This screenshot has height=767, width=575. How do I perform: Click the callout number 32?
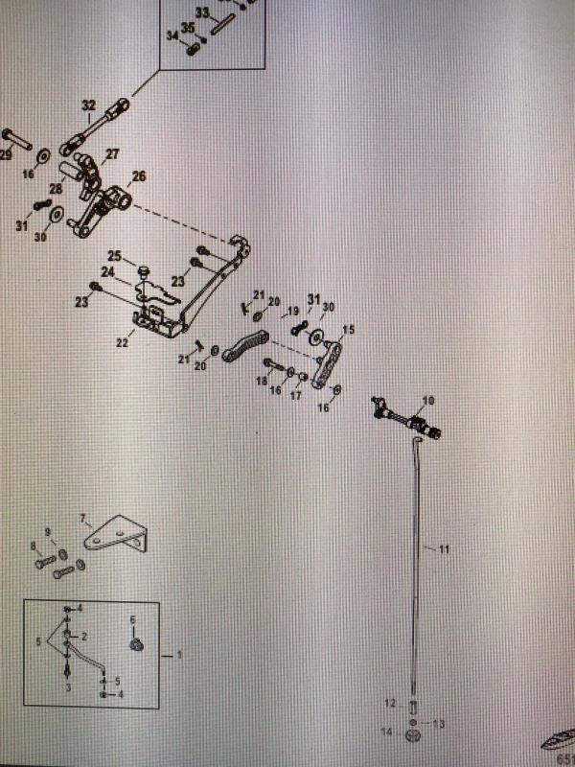pyautogui.click(x=88, y=105)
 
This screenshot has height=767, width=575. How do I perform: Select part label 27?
pyautogui.click(x=112, y=154)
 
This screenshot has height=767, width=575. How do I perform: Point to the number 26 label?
pyautogui.click(x=139, y=176)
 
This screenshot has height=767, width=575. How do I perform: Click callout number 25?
pyautogui.click(x=114, y=256)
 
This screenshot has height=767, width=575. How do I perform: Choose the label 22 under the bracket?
pyautogui.click(x=122, y=341)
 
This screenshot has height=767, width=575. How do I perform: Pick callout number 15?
pyautogui.click(x=348, y=329)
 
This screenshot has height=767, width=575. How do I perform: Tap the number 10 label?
pyautogui.click(x=427, y=400)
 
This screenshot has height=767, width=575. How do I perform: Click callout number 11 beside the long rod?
pyautogui.click(x=444, y=549)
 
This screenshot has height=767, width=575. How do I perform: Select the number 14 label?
pyautogui.click(x=387, y=732)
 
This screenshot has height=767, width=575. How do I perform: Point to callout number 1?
pyautogui.click(x=178, y=656)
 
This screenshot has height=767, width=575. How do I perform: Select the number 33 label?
pyautogui.click(x=201, y=12)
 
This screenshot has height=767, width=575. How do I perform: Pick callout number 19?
pyautogui.click(x=293, y=311)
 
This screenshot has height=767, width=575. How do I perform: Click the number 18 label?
pyautogui.click(x=260, y=381)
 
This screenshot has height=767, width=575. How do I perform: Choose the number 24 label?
pyautogui.click(x=108, y=272)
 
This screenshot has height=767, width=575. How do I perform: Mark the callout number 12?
pyautogui.click(x=389, y=704)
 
